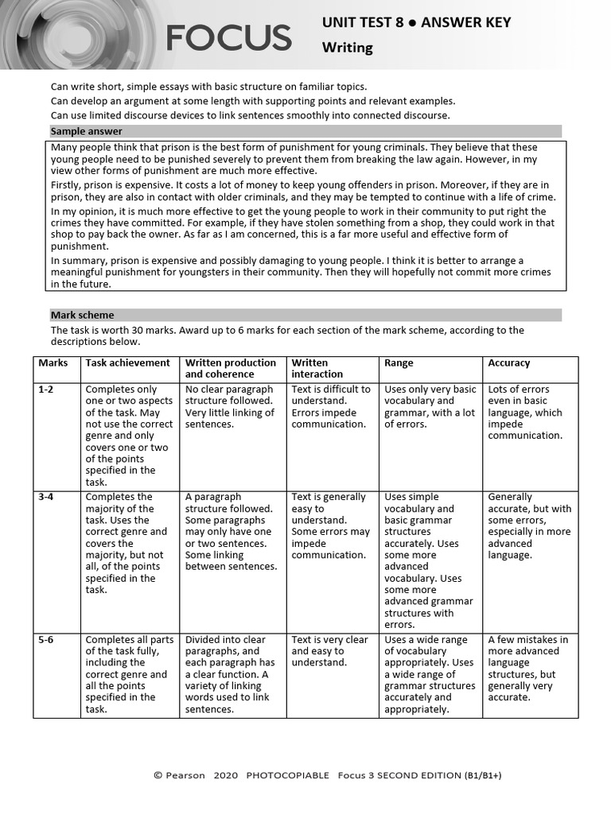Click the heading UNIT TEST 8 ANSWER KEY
416,22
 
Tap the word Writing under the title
347,48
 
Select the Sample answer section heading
87,131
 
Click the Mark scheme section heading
82,315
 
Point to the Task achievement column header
127,362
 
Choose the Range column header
399,362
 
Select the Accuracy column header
508,362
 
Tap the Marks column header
53,362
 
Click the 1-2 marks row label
48,390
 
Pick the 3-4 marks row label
48,497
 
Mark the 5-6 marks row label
48,639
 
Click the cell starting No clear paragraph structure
230,406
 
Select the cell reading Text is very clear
329,650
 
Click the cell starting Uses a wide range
430,673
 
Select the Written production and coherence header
230,368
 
